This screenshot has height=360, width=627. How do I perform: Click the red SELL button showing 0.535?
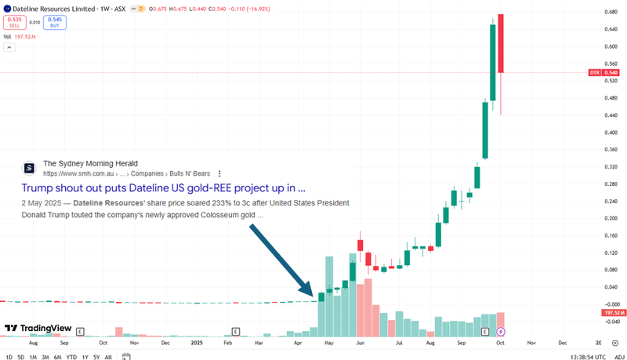15,22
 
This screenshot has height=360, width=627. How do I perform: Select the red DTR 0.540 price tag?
604,73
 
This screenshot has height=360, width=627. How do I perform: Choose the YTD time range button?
71,357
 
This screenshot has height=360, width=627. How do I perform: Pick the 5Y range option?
96,357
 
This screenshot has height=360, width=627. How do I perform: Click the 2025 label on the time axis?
197,343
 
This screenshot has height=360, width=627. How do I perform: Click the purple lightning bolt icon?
501,333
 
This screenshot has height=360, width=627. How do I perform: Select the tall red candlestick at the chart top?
501,43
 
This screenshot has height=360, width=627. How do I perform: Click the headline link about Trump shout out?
163,188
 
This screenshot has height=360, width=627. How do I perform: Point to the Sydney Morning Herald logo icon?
29,168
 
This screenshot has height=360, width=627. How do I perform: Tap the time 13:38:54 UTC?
578,357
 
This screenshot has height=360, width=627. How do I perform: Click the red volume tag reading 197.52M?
612,313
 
